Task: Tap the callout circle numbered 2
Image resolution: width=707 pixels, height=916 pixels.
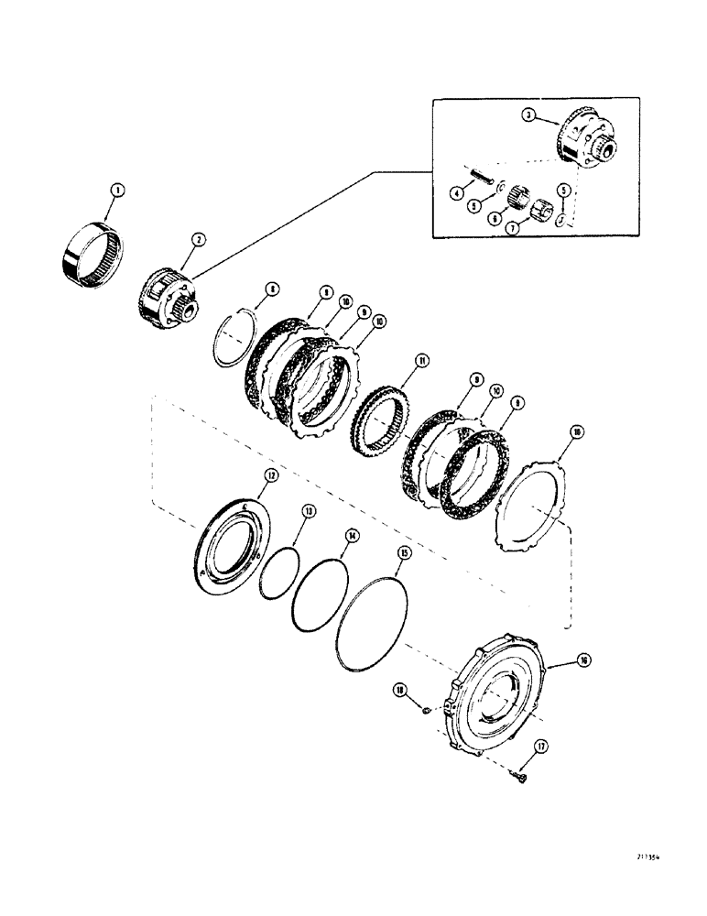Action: pyautogui.click(x=199, y=239)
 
